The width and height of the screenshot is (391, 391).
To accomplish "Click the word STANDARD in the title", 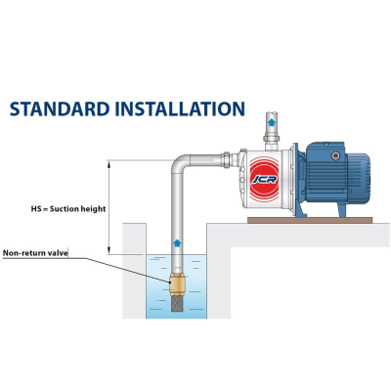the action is coord(60,109).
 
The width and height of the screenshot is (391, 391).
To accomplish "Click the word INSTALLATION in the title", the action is coord(180,109).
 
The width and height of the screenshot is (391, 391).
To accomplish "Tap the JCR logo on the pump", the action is coord(264,179).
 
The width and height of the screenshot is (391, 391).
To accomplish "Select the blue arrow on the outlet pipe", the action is coord(271,122).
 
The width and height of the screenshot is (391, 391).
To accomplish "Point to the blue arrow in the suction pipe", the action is coord(177,242).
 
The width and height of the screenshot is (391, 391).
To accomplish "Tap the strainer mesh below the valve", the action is coord(177,303).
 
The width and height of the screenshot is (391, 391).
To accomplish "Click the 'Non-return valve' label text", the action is coord(35,253).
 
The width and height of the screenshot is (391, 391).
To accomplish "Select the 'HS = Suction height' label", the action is coord(68,209).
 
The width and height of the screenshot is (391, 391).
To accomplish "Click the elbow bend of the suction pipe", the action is coord(179,162).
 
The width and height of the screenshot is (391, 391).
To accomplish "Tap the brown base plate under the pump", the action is coord(310,221).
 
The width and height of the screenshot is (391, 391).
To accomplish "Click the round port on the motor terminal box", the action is coord(335,155).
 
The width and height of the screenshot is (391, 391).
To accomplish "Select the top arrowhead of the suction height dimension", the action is coord(109,163).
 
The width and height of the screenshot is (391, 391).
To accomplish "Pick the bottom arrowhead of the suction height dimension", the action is coord(109,250).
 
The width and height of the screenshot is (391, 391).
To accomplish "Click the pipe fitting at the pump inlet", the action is coord(226,160).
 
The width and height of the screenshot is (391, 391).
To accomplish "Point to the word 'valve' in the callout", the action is coord(60,253).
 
